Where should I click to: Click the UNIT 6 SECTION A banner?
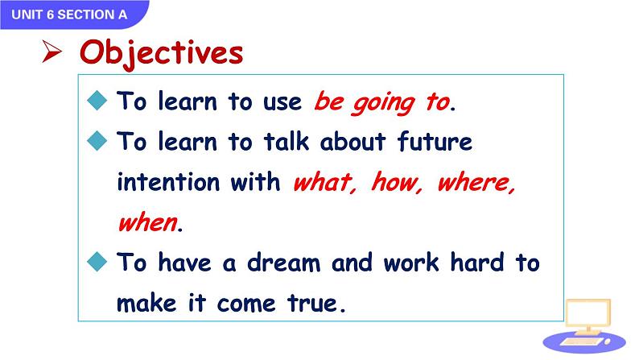click(73, 14)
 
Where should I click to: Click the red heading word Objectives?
click(162, 53)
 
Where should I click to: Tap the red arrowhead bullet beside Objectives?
click(52, 52)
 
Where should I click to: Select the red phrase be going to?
click(382, 102)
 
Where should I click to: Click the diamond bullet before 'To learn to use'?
click(97, 101)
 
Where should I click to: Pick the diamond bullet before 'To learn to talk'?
click(97, 141)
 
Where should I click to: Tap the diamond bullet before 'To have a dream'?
click(97, 261)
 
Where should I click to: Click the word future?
click(435, 141)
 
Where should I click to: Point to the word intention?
click(168, 181)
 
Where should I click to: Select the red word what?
click(325, 182)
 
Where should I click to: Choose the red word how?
click(397, 182)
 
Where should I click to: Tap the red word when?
click(148, 222)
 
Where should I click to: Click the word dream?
click(283, 263)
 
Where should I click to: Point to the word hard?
click(477, 262)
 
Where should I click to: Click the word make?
click(146, 303)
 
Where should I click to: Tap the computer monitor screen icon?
click(588, 313)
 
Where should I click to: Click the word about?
click(352, 142)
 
